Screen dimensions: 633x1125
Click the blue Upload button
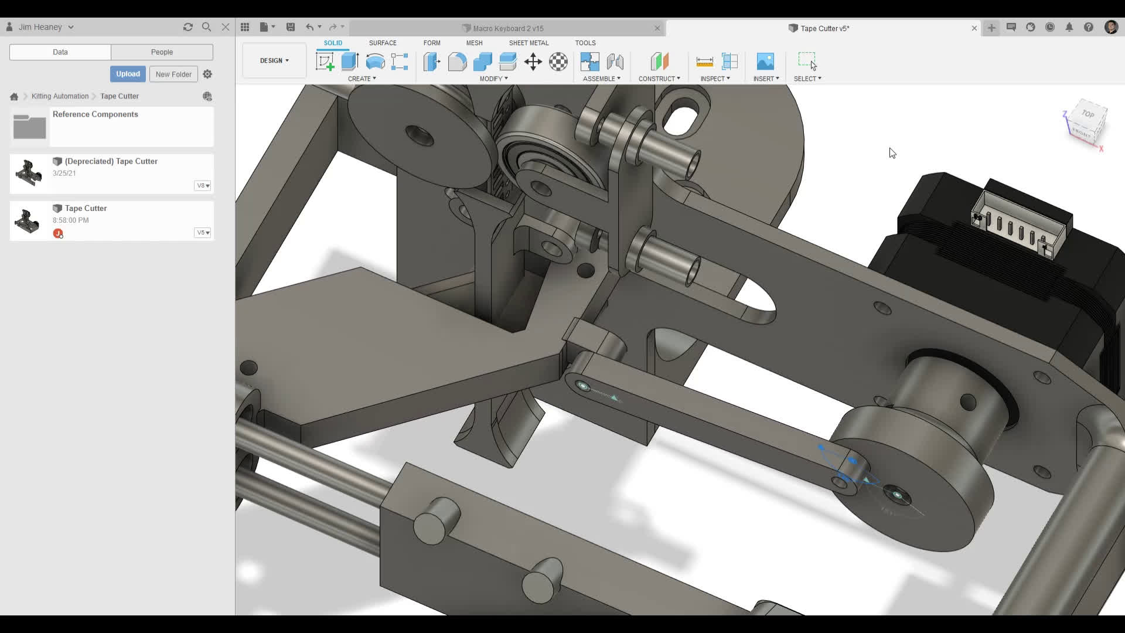[128, 74]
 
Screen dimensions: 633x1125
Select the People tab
[162, 52]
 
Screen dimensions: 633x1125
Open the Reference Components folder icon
[29, 127]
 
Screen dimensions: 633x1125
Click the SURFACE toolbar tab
[383, 43]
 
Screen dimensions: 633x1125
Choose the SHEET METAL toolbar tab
[529, 43]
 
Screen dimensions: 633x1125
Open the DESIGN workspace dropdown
[274, 60]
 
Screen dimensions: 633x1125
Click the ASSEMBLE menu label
[601, 79]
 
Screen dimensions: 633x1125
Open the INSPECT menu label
[715, 79]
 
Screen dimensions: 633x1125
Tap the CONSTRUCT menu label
[659, 79]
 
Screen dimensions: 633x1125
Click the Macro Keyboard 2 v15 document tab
[507, 28]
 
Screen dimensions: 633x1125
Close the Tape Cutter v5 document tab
[974, 28]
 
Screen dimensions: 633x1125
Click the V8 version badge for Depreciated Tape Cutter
[203, 186]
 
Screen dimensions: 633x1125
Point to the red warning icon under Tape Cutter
[58, 233]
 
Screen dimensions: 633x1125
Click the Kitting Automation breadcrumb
[60, 96]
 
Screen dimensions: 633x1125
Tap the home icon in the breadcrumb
[14, 97]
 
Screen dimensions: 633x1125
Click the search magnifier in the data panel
[206, 27]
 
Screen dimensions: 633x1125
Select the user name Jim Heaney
[40, 27]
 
